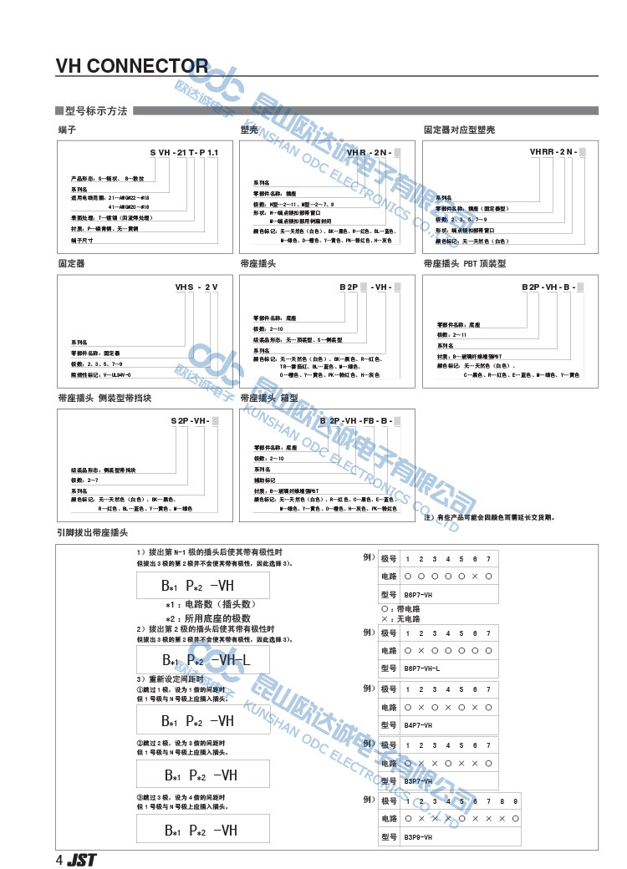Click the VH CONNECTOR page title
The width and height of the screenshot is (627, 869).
pyautogui.click(x=131, y=66)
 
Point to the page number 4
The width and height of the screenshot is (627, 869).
pyautogui.click(x=59, y=860)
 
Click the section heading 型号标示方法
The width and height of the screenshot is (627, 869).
pyautogui.click(x=95, y=111)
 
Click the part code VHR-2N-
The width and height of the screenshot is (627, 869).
pyautogui.click(x=373, y=153)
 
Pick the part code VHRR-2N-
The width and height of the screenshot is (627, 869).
pyautogui.click(x=557, y=153)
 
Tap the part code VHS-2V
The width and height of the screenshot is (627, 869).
pyautogui.click(x=196, y=287)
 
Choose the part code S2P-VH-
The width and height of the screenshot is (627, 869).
pyautogui.click(x=194, y=420)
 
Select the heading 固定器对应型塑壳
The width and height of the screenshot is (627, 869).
pyautogui.click(x=459, y=130)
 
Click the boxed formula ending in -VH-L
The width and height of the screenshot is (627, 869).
pyautogui.click(x=203, y=660)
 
